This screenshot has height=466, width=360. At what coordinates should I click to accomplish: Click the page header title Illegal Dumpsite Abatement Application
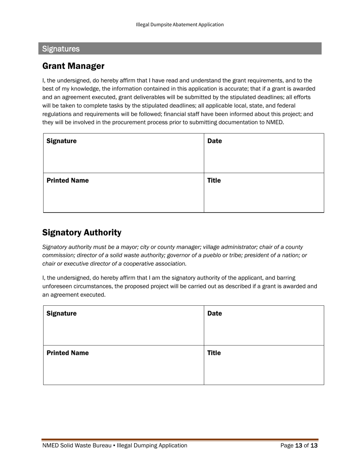coord(180,25)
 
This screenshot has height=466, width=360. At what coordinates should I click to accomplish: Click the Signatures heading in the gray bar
coord(61,49)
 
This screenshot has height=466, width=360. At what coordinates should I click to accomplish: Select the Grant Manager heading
coord(73,66)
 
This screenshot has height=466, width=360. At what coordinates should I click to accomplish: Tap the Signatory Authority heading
coord(82,232)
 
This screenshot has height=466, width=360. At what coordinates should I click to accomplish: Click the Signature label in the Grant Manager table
coord(61,141)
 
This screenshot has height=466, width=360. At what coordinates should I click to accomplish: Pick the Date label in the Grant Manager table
coord(214,141)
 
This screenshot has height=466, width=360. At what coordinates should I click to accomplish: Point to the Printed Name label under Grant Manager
coord(67,180)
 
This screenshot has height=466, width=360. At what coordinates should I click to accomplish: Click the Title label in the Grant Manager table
coord(214,180)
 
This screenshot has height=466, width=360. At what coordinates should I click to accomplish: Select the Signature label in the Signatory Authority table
coord(61,313)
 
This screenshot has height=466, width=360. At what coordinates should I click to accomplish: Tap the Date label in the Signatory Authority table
coord(214,313)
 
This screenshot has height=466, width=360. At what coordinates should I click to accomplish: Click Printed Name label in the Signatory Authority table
coord(67,353)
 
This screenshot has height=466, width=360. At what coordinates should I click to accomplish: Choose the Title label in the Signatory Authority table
coord(214,353)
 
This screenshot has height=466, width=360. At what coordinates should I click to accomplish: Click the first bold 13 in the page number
coord(299,446)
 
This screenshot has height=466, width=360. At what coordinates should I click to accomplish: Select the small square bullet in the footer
coord(114,446)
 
